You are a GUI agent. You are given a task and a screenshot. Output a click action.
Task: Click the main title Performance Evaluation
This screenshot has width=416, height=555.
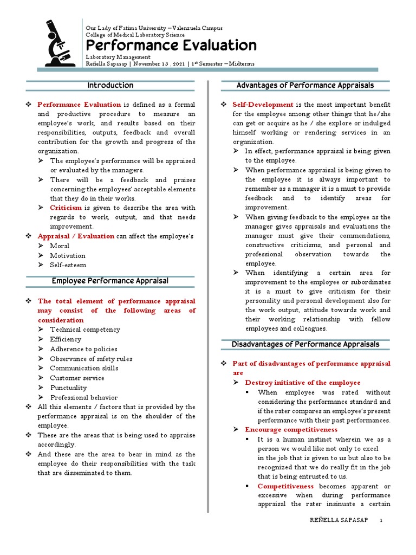(x=171, y=45)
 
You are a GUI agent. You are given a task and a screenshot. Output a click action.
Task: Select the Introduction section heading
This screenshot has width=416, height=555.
(x=110, y=86)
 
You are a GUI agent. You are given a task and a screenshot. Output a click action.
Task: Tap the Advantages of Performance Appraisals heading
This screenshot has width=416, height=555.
(x=305, y=86)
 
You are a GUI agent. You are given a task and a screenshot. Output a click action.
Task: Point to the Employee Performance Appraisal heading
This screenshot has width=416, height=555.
(x=110, y=281)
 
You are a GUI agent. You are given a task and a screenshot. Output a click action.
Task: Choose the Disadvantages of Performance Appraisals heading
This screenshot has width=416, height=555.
(x=305, y=344)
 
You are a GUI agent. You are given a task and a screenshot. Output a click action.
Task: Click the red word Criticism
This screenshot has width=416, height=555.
(x=66, y=208)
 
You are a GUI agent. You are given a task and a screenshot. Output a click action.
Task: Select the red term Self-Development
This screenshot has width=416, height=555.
(x=263, y=104)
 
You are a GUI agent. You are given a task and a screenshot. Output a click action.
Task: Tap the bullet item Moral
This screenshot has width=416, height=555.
(x=60, y=246)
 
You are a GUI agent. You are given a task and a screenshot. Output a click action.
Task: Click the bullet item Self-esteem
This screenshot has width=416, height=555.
(x=68, y=265)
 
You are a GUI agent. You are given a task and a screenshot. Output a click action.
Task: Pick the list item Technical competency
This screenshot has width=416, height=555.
(x=85, y=330)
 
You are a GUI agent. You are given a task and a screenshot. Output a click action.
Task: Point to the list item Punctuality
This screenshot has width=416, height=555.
(x=68, y=388)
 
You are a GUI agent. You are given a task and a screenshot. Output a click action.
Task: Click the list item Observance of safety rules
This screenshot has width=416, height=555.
(x=91, y=359)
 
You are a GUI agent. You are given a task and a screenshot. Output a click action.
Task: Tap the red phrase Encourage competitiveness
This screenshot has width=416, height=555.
(x=291, y=430)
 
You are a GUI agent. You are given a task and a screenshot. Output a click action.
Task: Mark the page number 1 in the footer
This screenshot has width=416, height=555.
(x=381, y=520)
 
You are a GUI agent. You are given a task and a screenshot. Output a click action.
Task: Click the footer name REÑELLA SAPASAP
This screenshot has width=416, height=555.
(x=339, y=520)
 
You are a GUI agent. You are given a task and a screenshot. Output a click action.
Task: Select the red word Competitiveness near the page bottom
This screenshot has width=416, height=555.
(x=285, y=486)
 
